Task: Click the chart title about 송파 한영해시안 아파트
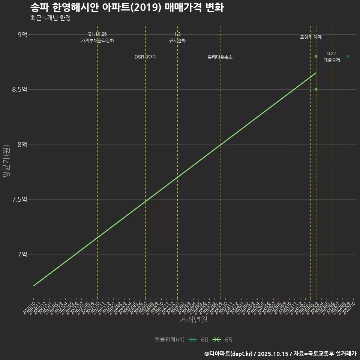[127, 8]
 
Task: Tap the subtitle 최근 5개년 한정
[50, 18]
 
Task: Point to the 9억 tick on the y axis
[22, 34]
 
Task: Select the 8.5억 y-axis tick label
[20, 89]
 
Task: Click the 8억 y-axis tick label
[22, 144]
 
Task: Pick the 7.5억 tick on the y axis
[20, 199]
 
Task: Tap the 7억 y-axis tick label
[22, 254]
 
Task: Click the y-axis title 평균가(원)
[6, 162]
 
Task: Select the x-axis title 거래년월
[193, 320]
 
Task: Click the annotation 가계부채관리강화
[97, 40]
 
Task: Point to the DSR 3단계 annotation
[145, 57]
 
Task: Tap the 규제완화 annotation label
[177, 40]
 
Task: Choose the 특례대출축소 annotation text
[220, 57]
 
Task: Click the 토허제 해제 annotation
[311, 37]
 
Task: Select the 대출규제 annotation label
[332, 60]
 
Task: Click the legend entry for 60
[199, 340]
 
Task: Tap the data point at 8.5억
[316, 89]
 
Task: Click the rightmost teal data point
[348, 56]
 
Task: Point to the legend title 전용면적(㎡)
[169, 340]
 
